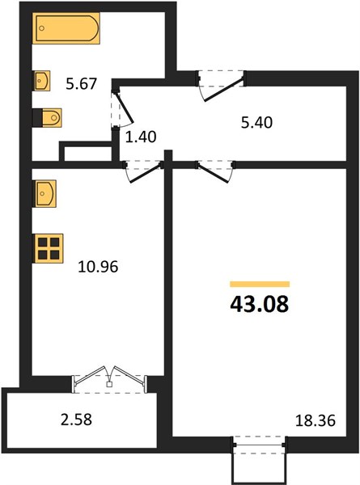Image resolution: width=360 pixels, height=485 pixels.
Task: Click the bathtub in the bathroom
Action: (66, 28)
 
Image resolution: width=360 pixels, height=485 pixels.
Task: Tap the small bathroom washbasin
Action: (42, 81)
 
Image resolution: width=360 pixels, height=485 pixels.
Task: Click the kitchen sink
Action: (44, 194)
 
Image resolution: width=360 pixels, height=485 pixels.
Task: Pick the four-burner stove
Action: (49, 248)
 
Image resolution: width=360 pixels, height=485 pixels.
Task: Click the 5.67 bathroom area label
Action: (82, 84)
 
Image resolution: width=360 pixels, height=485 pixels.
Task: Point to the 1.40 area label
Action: (141, 137)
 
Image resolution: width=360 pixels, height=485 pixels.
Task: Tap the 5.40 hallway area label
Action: (257, 123)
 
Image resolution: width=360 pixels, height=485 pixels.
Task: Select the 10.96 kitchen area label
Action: (98, 267)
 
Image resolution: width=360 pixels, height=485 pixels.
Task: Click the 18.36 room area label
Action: (316, 420)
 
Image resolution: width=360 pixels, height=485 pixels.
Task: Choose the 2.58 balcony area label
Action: (77, 420)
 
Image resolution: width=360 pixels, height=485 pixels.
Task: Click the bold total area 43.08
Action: (260, 304)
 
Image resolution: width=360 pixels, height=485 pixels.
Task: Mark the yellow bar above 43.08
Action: (260, 284)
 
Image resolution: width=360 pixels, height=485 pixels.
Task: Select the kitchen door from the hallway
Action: (144, 171)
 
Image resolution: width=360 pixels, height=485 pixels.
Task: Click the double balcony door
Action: (109, 380)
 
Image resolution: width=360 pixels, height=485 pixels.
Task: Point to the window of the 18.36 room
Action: (260, 445)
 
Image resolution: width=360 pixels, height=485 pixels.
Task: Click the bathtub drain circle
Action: (42, 28)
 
